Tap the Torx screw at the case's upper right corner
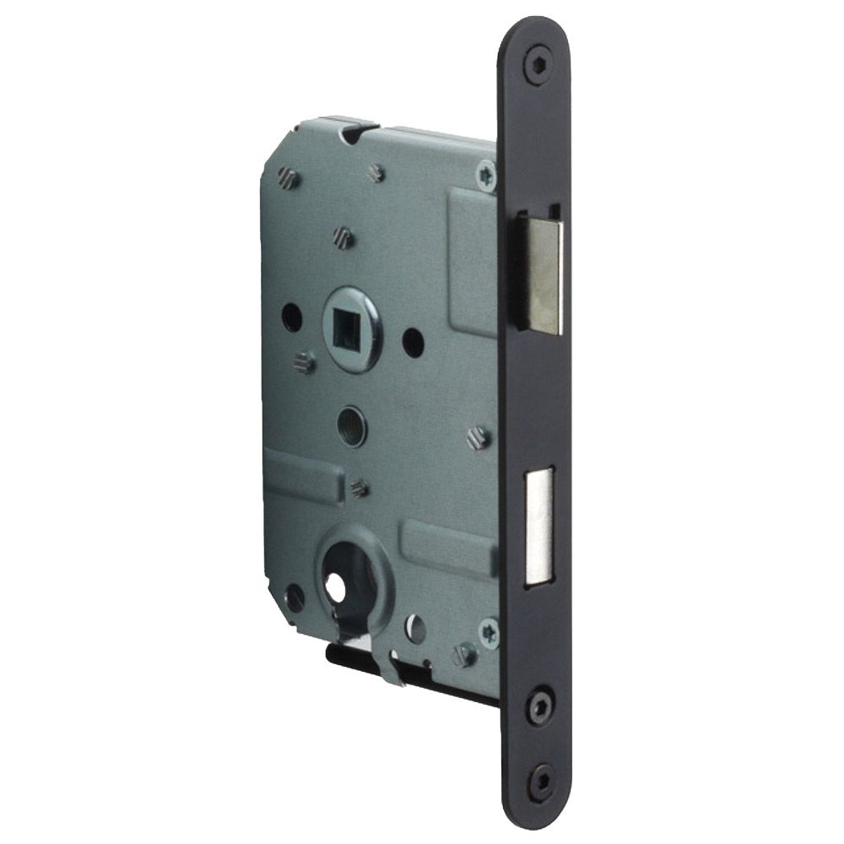pyautogui.click(x=487, y=176)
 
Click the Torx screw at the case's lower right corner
pyautogui.click(x=489, y=630)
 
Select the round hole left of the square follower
pyautogui.click(x=291, y=317)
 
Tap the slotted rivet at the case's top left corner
pyautogui.click(x=284, y=177)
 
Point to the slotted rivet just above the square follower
pyautogui.click(x=341, y=237)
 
